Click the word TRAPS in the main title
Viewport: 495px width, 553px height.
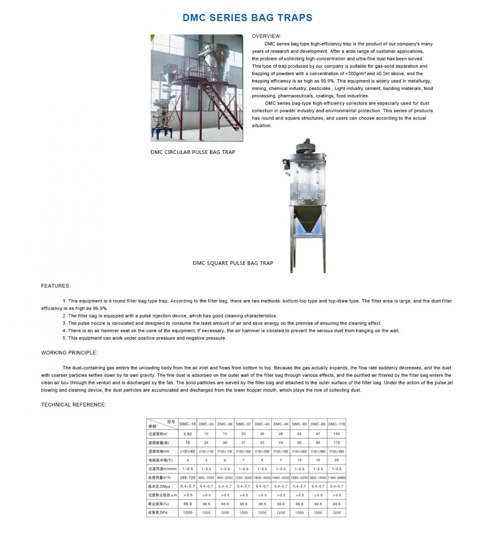pyautogui.click(x=294, y=18)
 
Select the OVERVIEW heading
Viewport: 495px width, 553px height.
pyautogui.click(x=266, y=36)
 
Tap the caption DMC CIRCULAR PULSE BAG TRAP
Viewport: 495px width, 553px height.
pyautogui.click(x=192, y=152)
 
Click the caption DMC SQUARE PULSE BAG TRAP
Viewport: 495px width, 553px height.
pyautogui.click(x=233, y=263)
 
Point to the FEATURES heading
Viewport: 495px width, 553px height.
pyautogui.click(x=56, y=286)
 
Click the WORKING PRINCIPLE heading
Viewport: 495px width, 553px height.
pyautogui.click(x=69, y=353)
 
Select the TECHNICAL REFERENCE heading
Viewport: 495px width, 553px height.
pyautogui.click(x=73, y=405)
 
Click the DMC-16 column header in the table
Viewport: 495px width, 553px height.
pyautogui.click(x=187, y=424)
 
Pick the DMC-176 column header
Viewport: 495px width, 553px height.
pyautogui.click(x=337, y=424)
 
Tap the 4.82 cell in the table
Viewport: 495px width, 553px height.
pyautogui.click(x=187, y=434)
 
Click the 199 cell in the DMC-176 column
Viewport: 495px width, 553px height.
pyautogui.click(x=337, y=434)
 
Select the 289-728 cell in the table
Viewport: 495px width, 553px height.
pyautogui.click(x=187, y=477)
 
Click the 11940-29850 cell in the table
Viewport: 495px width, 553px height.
pyautogui.click(x=337, y=477)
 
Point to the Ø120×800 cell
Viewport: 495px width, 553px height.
pyautogui.click(x=187, y=451)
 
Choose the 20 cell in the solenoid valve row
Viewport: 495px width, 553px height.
pyautogui.click(x=337, y=460)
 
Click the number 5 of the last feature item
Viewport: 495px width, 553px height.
pyautogui.click(x=64, y=338)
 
